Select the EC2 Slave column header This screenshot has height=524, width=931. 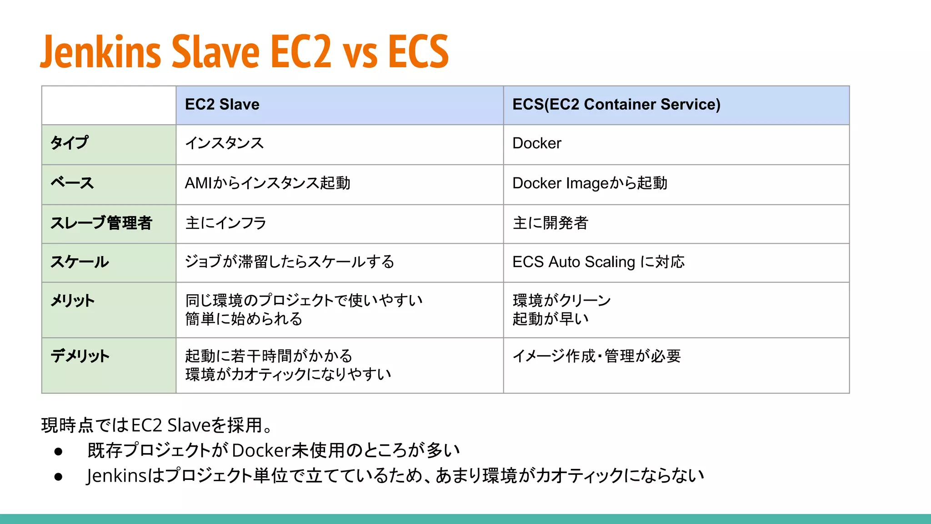[222, 105]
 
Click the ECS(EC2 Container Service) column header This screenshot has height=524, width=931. [616, 105]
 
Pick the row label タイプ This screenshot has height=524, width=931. [69, 143]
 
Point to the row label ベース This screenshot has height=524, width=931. [72, 183]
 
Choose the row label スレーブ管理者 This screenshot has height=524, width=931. [101, 223]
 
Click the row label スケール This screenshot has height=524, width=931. [80, 262]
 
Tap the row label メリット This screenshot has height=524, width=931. [72, 301]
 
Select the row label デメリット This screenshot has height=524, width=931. [80, 356]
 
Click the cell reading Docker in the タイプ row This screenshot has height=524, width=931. [536, 143]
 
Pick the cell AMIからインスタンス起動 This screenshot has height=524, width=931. [267, 183]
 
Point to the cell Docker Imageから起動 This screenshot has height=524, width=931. [590, 183]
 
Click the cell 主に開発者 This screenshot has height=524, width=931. [550, 223]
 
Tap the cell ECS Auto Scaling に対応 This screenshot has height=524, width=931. [598, 262]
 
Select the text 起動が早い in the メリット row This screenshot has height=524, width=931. [550, 319]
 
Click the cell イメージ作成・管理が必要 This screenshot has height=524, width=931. [596, 356]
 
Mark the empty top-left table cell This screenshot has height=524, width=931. [109, 105]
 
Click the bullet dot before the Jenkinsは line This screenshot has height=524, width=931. [58, 477]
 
